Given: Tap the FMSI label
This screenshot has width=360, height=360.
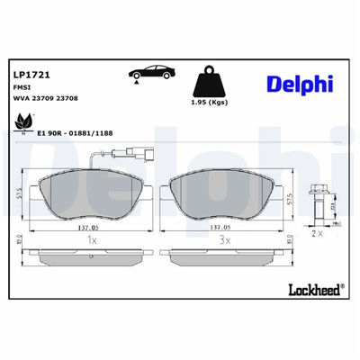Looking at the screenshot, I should (x=23, y=88).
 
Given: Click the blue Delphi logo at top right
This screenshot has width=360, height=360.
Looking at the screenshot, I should (x=297, y=83).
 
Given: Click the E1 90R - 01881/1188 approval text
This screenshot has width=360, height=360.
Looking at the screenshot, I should (x=75, y=131).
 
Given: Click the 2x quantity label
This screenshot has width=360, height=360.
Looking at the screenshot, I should (x=317, y=233).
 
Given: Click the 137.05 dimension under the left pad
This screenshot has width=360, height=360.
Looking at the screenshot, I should (x=87, y=229).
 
